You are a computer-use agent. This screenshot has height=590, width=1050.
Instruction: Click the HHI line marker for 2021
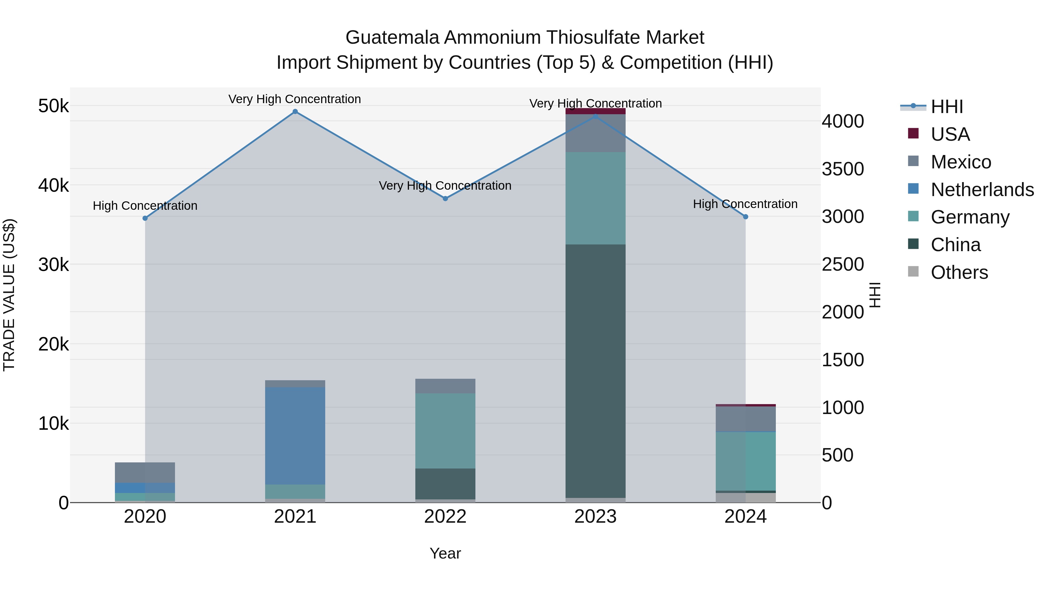295,112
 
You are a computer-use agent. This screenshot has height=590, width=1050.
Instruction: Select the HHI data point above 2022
445,199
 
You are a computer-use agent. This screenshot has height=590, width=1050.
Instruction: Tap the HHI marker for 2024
745,217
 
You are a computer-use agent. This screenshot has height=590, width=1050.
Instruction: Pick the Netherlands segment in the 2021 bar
295,436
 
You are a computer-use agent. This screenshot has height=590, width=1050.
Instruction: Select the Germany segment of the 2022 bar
445,431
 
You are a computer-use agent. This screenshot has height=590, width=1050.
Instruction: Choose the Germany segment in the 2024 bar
745,461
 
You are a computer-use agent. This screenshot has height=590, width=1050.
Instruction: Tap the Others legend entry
959,272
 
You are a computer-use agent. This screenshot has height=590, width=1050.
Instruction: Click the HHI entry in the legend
946,107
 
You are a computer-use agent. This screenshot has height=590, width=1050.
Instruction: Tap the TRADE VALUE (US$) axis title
9,295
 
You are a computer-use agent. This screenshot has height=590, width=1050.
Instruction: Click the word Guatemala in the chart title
392,38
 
